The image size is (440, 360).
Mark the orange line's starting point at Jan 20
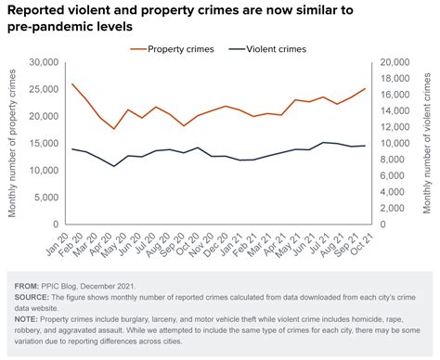click(x=72, y=84)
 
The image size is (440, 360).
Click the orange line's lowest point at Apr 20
click(x=114, y=129)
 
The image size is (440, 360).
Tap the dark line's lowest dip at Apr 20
click(x=114, y=166)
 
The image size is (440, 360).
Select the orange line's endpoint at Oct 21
click(x=365, y=89)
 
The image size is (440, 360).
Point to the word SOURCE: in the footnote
click(x=34, y=298)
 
